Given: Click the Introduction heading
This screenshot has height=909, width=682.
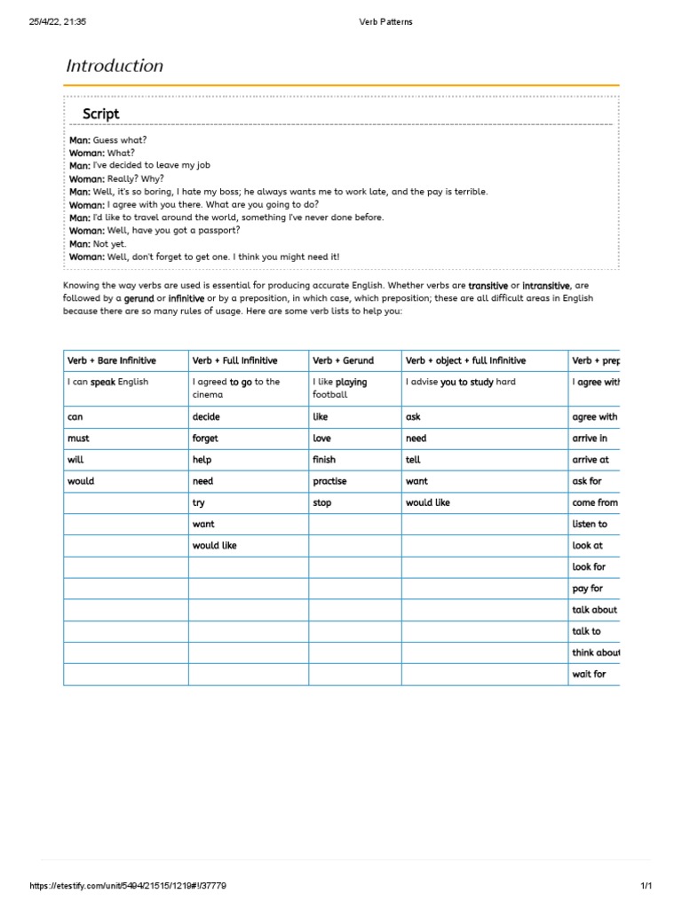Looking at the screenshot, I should [x=115, y=66].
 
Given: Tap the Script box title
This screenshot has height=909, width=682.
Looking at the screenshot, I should [x=100, y=114].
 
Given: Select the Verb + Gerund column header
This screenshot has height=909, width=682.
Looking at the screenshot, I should [x=342, y=360].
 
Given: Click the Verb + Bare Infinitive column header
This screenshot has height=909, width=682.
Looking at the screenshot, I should [x=112, y=360].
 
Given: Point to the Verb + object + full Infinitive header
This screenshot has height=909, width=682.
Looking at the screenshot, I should [x=465, y=360].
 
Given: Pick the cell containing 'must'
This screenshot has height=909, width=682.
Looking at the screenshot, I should [x=78, y=439].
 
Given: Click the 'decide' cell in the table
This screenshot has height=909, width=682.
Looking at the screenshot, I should [x=206, y=417].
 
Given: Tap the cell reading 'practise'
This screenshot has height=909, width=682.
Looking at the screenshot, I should [x=329, y=481].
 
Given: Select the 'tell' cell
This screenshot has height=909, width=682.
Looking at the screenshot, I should [x=413, y=460].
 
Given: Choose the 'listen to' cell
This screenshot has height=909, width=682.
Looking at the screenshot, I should [x=590, y=525].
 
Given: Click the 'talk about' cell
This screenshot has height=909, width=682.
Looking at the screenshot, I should [x=594, y=610].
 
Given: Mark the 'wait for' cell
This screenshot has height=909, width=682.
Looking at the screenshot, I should [x=589, y=675].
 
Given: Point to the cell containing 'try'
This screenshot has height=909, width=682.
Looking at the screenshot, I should [x=198, y=502].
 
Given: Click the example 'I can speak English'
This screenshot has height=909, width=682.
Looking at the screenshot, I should [x=108, y=382].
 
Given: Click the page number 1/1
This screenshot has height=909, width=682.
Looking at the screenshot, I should [x=646, y=886].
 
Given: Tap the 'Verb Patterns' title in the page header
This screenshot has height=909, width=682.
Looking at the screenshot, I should [x=385, y=22].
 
